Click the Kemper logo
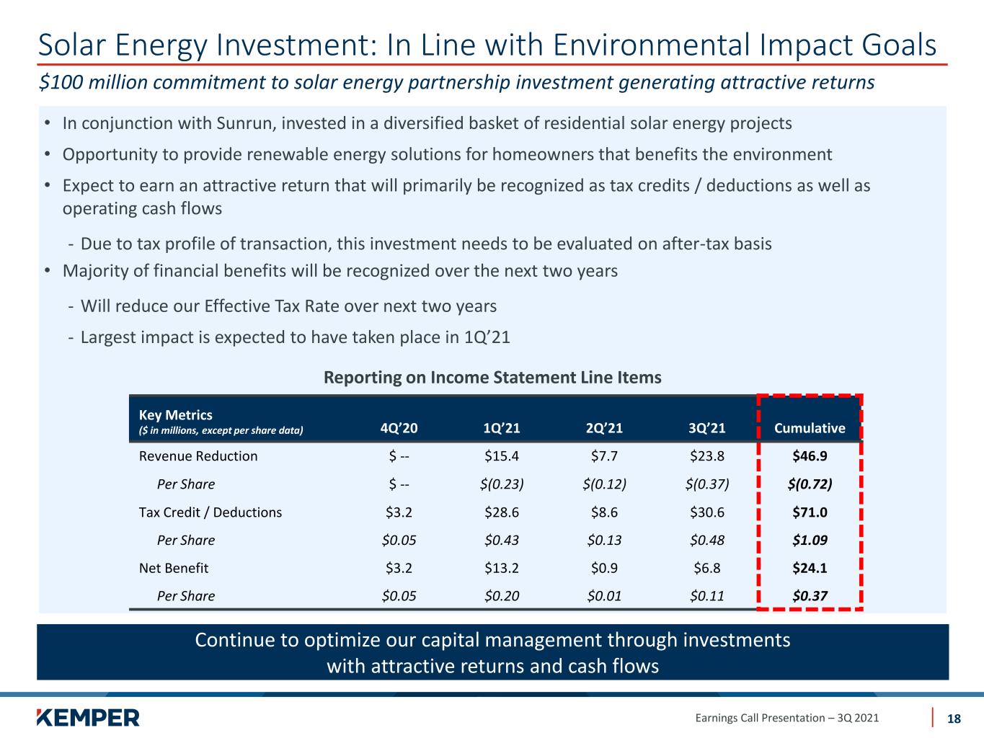(88, 717)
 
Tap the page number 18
(954, 719)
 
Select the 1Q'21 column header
(502, 428)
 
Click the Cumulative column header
(810, 428)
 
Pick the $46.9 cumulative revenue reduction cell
(810, 455)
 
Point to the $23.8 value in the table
(707, 455)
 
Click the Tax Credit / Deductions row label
(210, 512)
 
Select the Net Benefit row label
(174, 568)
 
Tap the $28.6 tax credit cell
(502, 512)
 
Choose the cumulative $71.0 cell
(810, 512)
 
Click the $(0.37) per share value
(707, 484)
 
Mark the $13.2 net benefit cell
(502, 568)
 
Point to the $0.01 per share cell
(604, 596)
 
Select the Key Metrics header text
(176, 415)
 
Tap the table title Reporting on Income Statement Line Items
(492, 378)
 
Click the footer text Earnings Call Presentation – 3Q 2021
(786, 718)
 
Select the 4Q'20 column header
(399, 428)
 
